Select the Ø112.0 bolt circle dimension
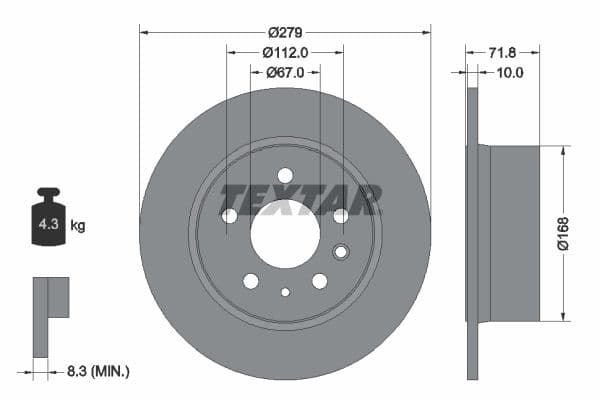285,52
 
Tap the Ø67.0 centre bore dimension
285,72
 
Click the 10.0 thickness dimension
510,72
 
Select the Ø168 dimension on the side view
564,232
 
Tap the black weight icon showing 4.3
49,218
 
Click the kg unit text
77,226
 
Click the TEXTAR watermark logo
300,199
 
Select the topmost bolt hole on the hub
285,176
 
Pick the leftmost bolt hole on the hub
229,216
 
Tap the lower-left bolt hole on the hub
250,281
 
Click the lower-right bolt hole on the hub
320,281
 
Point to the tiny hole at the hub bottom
285,293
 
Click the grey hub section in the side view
513,233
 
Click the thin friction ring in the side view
471,233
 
